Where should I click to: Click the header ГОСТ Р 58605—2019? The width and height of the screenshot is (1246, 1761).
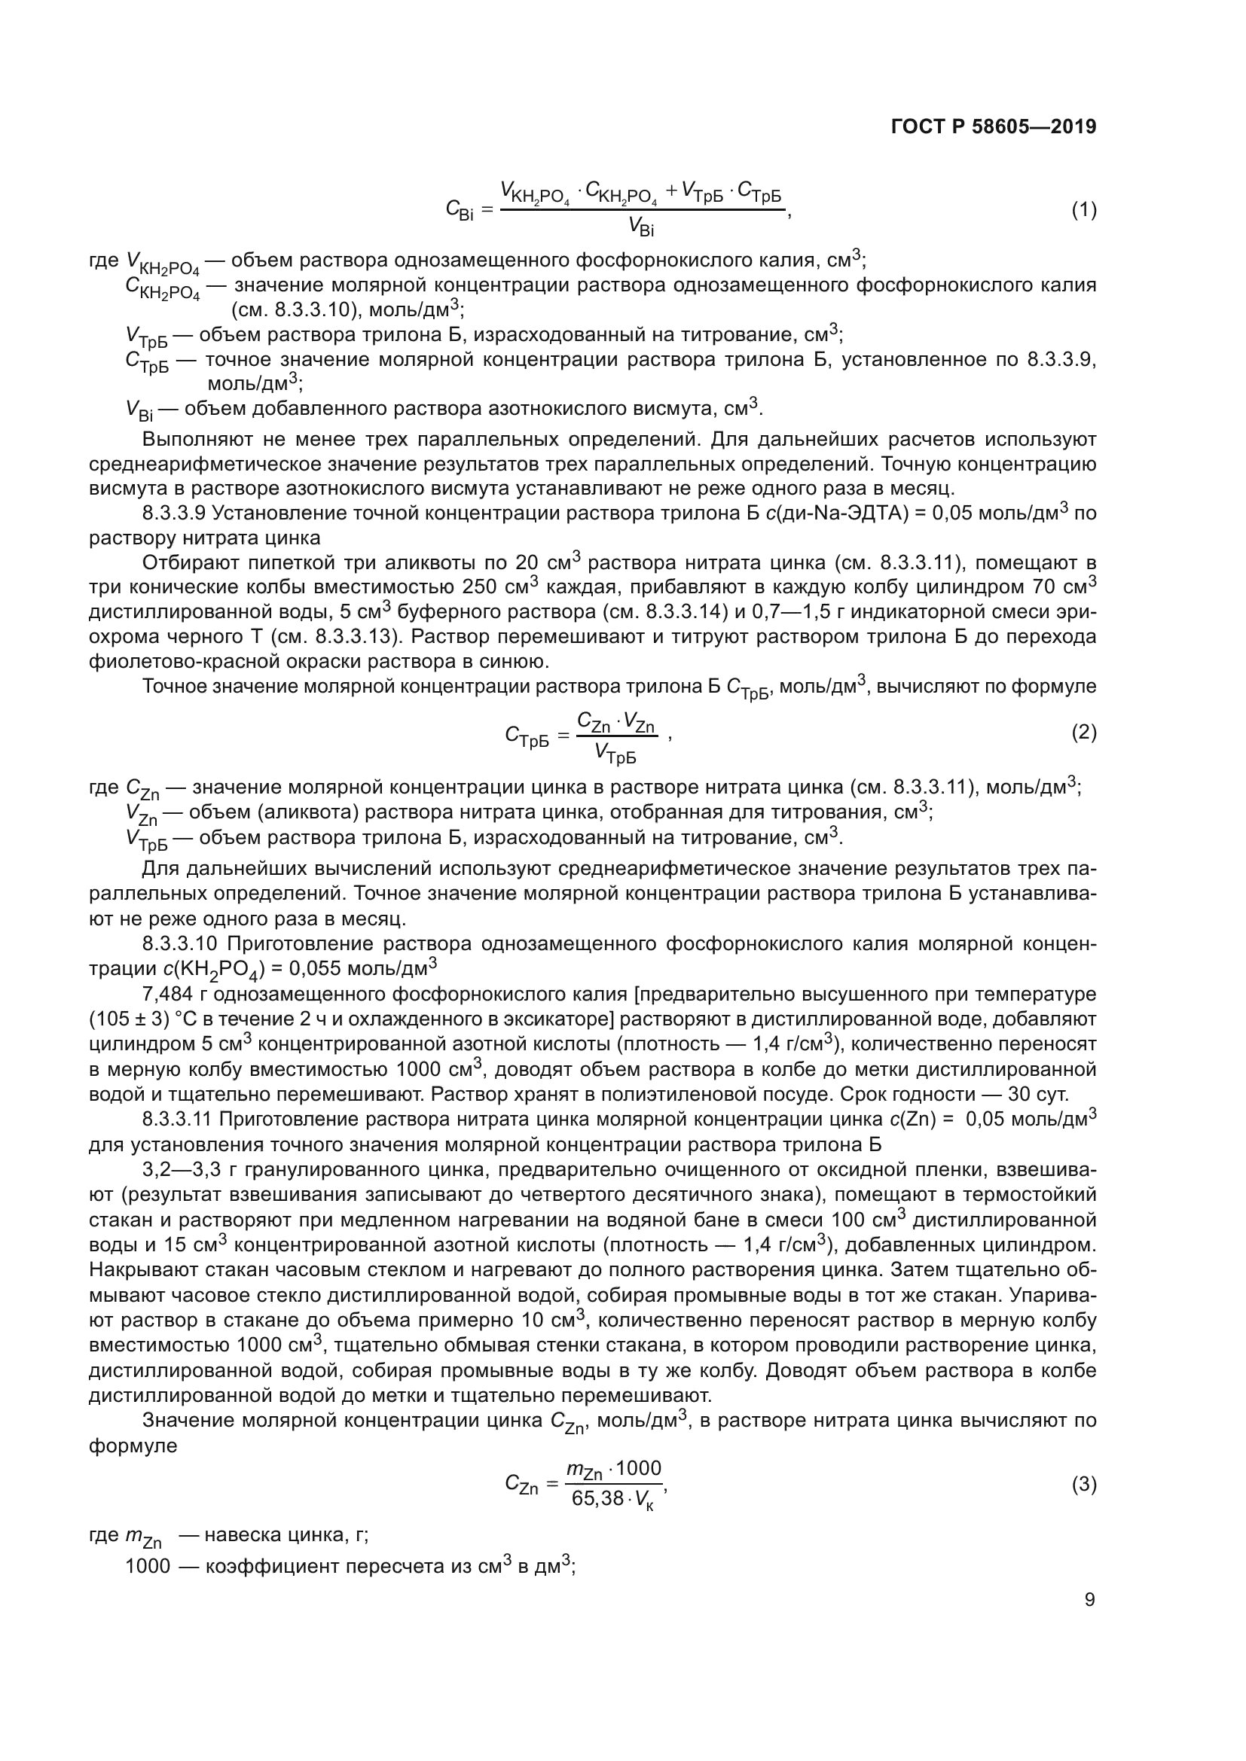point(994,127)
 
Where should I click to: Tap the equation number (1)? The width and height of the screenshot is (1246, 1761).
point(1083,210)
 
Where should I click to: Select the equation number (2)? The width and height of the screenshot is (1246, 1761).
point(1083,733)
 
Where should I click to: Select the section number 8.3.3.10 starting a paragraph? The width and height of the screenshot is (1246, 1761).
point(181,943)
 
